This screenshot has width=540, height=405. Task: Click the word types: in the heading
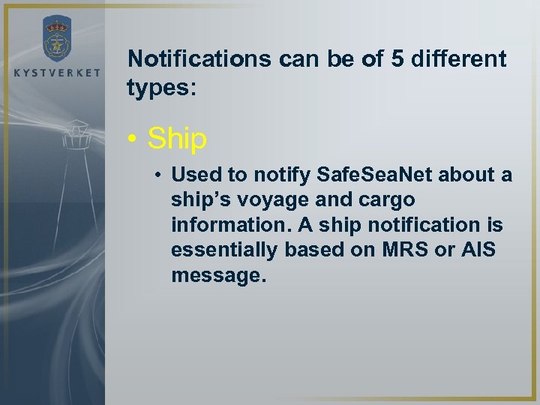(x=161, y=88)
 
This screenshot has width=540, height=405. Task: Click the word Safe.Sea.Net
(x=372, y=175)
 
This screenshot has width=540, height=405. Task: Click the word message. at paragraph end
(x=218, y=275)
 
